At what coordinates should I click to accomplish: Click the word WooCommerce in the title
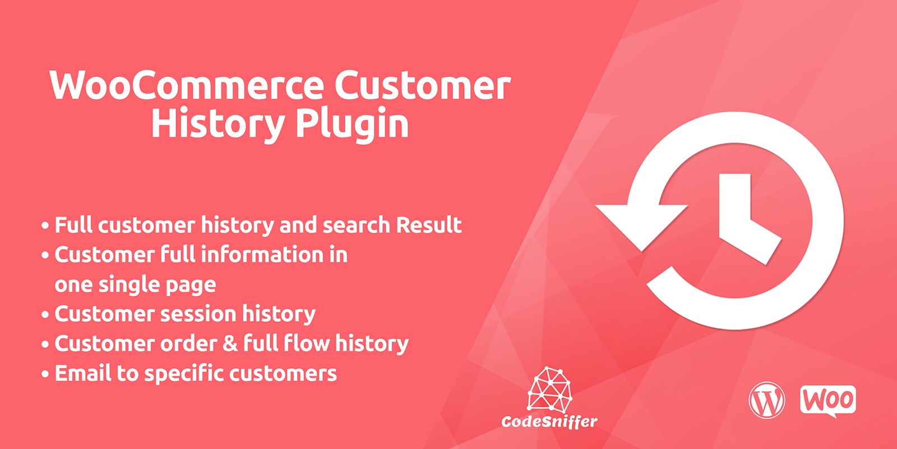(186, 85)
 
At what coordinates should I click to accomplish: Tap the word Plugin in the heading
(352, 124)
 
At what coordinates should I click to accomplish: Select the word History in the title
(218, 124)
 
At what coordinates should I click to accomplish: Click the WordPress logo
(766, 400)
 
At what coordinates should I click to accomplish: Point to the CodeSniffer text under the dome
(549, 421)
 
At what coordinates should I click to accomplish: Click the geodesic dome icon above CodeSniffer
(549, 388)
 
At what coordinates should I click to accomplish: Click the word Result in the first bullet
(429, 224)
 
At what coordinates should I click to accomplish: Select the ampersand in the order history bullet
(230, 343)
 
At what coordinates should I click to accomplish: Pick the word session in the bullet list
(198, 314)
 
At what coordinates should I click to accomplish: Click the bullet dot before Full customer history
(45, 226)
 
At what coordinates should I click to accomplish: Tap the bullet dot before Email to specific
(45, 374)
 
